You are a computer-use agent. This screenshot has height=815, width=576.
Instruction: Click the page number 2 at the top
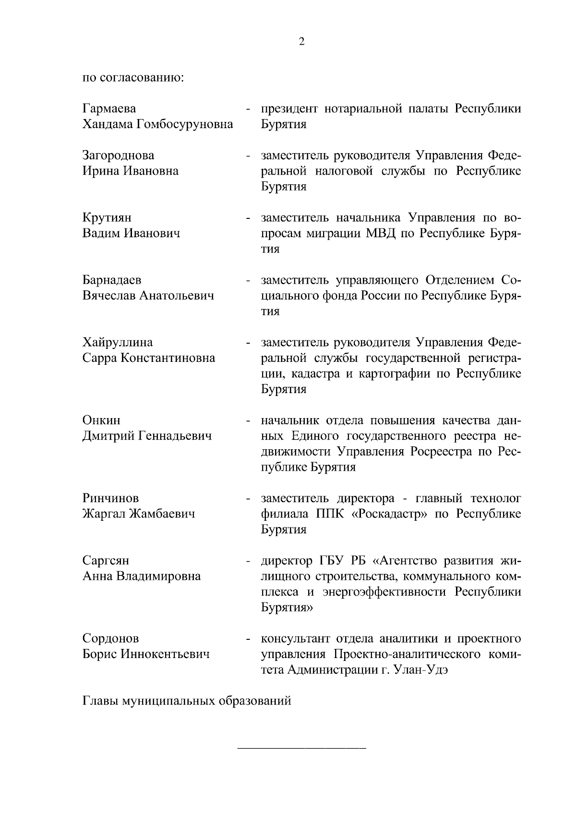coord(301,42)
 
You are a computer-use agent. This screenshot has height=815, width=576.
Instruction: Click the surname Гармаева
coord(109,109)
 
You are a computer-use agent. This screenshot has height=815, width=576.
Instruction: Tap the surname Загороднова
coord(118,156)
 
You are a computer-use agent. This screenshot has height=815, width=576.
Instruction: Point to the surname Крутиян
coord(107,218)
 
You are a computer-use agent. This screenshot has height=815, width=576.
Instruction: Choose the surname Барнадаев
coord(112,280)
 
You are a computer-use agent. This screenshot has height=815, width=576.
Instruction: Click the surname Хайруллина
coord(118,342)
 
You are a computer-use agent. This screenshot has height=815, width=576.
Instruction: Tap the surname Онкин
coord(101,420)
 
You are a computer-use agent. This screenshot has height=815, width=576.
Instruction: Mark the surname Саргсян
coord(106,561)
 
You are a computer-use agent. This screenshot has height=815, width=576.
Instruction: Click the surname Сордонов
coord(110,638)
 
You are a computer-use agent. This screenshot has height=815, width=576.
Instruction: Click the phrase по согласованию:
coord(133,78)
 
